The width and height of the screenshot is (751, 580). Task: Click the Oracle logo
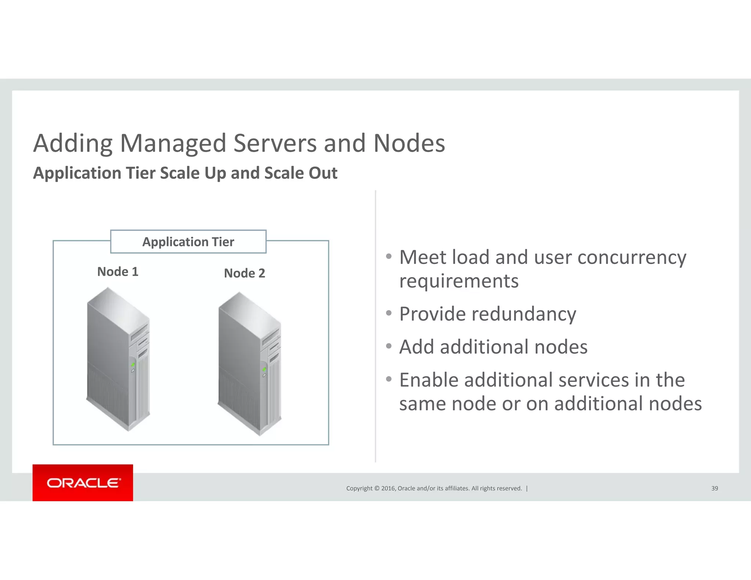pos(83,483)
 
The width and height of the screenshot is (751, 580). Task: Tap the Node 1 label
pos(118,272)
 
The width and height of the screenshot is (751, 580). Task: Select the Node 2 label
pos(244,273)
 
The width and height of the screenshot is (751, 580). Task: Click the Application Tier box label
pos(188,242)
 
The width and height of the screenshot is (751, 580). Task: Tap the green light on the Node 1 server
pos(133,364)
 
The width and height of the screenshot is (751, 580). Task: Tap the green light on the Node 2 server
pos(264,369)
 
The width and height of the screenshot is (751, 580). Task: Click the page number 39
pos(714,488)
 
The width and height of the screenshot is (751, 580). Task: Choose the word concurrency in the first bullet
pos(631,257)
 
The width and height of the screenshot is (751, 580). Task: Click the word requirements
pos(459,281)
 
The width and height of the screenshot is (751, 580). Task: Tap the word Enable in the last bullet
pos(428,380)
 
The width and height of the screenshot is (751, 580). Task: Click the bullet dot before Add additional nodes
pos(389,346)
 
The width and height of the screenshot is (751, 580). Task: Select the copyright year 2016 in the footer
pos(388,488)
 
